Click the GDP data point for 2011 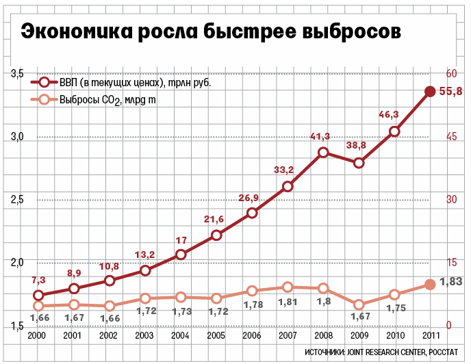point(430,92)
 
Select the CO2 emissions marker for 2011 point(430,285)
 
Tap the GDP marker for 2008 point(324,152)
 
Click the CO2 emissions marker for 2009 point(359,304)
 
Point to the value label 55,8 point(451,92)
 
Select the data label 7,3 point(38,280)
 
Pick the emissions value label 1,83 point(451,281)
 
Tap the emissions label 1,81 point(288,302)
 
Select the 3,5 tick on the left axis point(18,74)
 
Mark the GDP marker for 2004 point(181,255)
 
